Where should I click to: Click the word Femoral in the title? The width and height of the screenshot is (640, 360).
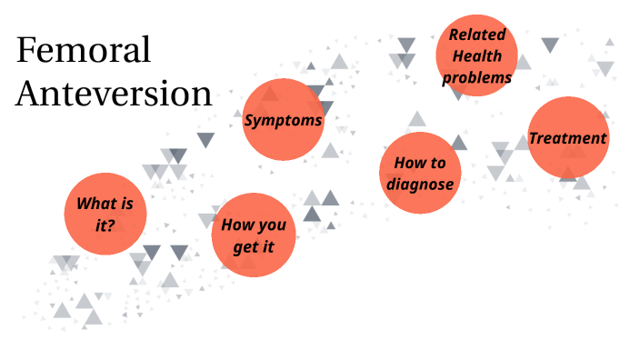click(x=84, y=51)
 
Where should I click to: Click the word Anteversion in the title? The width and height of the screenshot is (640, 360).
click(x=115, y=93)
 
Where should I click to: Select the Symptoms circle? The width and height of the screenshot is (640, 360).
click(x=284, y=120)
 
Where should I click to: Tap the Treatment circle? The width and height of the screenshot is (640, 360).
click(x=568, y=138)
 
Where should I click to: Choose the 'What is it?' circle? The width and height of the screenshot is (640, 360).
click(x=105, y=213)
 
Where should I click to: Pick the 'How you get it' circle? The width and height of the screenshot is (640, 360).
click(x=254, y=234)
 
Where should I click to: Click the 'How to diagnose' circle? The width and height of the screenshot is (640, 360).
click(x=420, y=173)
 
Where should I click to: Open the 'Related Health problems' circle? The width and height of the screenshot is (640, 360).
click(x=477, y=56)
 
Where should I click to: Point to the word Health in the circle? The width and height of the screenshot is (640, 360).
click(x=477, y=56)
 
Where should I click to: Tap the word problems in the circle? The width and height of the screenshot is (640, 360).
click(x=477, y=78)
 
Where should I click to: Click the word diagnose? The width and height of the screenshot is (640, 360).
click(x=420, y=185)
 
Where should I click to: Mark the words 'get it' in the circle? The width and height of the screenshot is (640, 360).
click(x=254, y=245)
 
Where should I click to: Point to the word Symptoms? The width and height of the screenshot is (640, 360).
click(x=284, y=121)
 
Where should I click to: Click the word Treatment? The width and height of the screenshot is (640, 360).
click(x=568, y=138)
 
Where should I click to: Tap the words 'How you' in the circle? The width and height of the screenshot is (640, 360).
click(x=254, y=224)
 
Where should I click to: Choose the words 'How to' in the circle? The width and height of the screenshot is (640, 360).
click(x=420, y=163)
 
